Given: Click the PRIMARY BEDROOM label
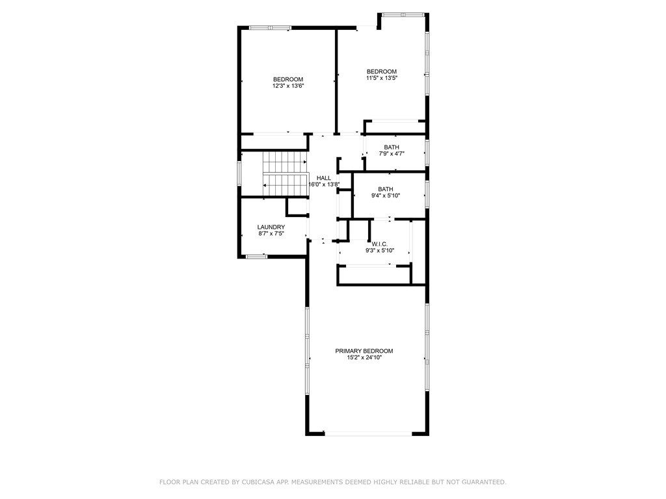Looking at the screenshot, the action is pyautogui.click(x=364, y=351).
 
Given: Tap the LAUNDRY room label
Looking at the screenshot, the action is pyautogui.click(x=271, y=227).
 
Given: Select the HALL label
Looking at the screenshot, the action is pyautogui.click(x=324, y=178).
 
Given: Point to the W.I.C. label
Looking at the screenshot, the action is pyautogui.click(x=380, y=244).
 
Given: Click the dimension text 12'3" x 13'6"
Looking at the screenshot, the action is pyautogui.click(x=288, y=86).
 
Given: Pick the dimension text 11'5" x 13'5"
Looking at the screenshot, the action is pyautogui.click(x=382, y=78).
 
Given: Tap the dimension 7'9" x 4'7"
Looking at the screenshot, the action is pyautogui.click(x=392, y=153).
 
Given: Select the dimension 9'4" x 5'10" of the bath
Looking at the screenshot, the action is pyautogui.click(x=386, y=196).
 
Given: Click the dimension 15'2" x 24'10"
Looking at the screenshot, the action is pyautogui.click(x=364, y=358).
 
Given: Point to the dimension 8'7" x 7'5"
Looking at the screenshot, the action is pyautogui.click(x=271, y=233).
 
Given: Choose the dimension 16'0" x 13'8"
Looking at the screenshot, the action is pyautogui.click(x=324, y=185).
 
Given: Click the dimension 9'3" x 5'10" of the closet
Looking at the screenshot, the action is pyautogui.click(x=380, y=250).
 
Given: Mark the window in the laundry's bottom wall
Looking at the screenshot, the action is pyautogui.click(x=256, y=256).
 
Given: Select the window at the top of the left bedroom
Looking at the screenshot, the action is pyautogui.click(x=270, y=28).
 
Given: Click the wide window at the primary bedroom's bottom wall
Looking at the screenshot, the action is pyautogui.click(x=368, y=433).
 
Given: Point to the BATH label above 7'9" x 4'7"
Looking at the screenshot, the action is pyautogui.click(x=392, y=147).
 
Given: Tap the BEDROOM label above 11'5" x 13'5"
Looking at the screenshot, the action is pyautogui.click(x=382, y=71).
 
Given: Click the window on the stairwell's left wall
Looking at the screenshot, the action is pyautogui.click(x=239, y=173).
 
